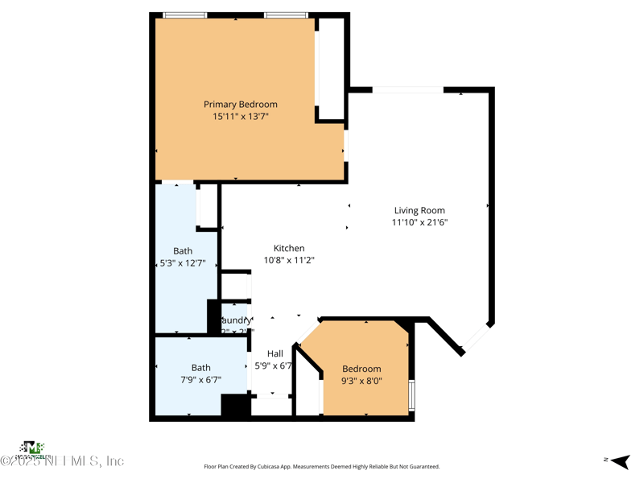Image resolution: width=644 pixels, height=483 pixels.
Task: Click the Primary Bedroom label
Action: (x=240, y=105)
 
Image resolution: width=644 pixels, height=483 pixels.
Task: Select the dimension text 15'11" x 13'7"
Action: (x=240, y=117)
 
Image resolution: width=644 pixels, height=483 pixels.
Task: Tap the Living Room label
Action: (x=419, y=211)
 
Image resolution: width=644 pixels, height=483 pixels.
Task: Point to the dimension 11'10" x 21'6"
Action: (x=419, y=222)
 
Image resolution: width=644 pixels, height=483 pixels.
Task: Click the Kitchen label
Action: (x=289, y=249)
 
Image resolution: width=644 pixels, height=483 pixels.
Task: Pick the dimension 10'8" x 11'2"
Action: (x=289, y=260)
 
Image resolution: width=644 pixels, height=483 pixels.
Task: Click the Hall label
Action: (x=275, y=353)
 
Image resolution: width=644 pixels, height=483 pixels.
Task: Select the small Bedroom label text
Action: (x=361, y=369)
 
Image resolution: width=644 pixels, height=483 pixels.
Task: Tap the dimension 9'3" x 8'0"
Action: (x=361, y=382)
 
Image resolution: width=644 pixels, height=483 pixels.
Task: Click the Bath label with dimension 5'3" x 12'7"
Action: (x=183, y=251)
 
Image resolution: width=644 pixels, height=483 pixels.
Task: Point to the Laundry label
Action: (x=237, y=320)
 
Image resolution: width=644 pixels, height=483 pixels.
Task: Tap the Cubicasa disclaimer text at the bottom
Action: (x=321, y=466)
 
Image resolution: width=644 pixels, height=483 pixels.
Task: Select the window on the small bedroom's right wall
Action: (x=411, y=394)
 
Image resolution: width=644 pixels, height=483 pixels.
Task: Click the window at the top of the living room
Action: (x=407, y=90)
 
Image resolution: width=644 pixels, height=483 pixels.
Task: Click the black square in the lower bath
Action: (x=236, y=406)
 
